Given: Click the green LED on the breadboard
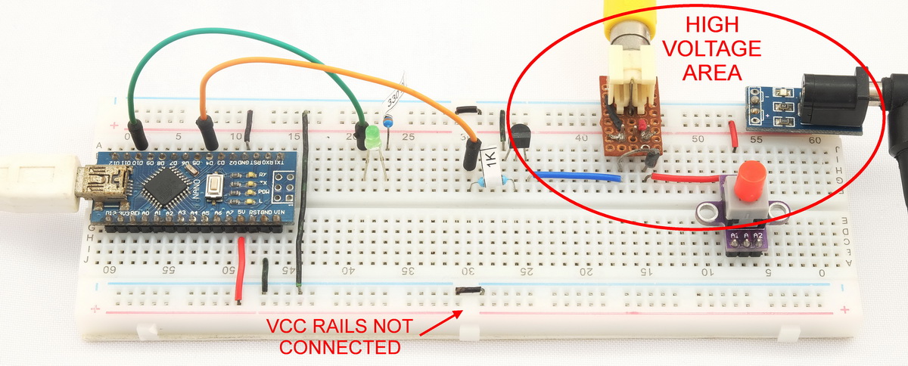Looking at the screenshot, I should (372, 138).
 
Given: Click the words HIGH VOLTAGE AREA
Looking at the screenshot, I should (720, 50).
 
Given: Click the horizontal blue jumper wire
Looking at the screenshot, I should (578, 177).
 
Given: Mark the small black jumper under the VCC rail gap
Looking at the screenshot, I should (468, 290).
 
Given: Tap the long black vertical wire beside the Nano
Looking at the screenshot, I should (303, 197).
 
